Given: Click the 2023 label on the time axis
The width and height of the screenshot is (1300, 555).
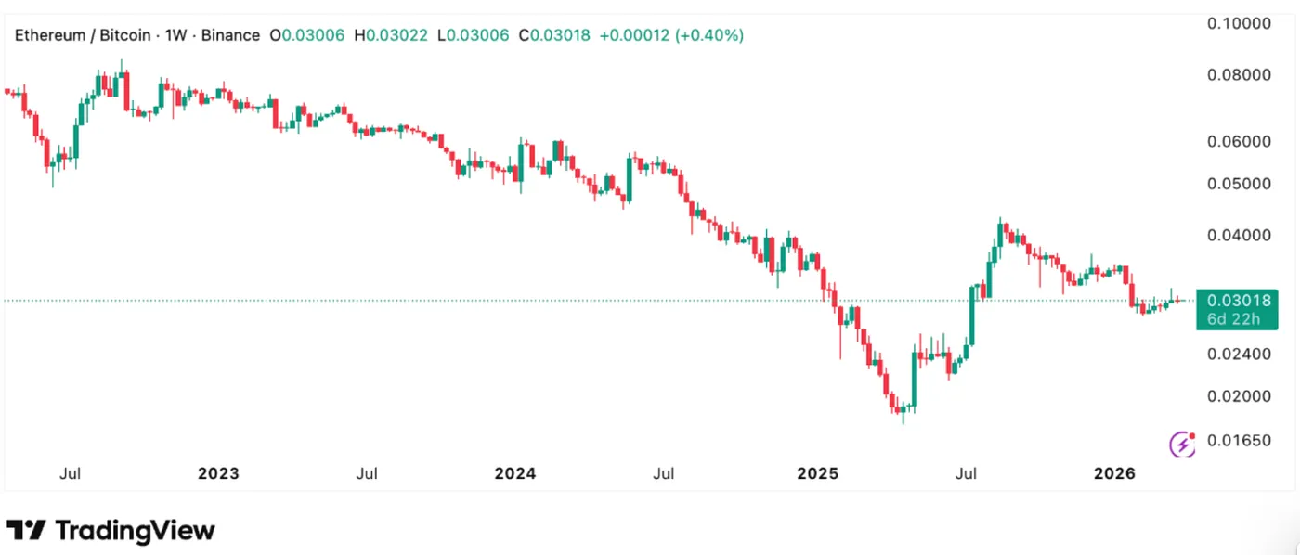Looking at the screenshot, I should (218, 473).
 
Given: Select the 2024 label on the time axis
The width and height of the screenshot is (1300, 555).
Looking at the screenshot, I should (515, 473).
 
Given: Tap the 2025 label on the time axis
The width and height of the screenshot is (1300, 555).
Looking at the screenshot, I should (817, 473).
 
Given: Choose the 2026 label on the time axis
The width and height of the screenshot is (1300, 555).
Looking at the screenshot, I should (1114, 473).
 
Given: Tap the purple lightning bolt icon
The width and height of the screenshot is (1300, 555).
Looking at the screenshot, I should (1182, 444).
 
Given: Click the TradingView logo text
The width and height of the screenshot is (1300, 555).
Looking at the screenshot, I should (135, 531).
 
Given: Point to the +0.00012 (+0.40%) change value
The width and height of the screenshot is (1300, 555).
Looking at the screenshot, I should (671, 35).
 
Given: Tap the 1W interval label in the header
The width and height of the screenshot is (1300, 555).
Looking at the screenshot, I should (175, 35).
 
